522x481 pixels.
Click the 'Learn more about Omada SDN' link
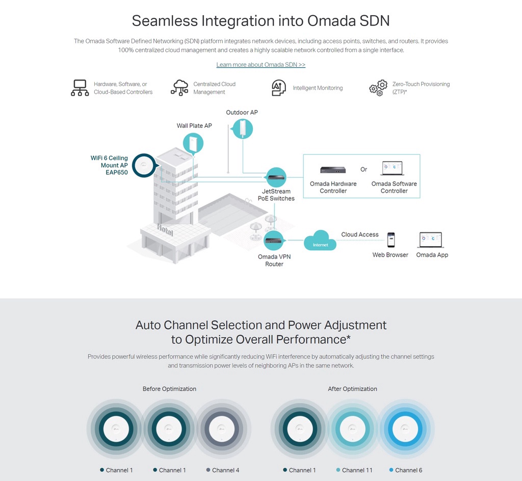[x=260, y=65]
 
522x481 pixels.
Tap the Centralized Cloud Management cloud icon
[x=179, y=88]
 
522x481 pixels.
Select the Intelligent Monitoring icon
[x=279, y=88]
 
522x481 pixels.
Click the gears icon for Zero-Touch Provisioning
[x=378, y=88]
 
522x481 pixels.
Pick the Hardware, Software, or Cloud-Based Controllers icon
[x=80, y=88]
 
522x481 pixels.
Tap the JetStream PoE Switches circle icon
[x=276, y=177]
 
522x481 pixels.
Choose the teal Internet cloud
[x=321, y=241]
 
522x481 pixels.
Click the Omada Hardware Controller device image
[x=333, y=170]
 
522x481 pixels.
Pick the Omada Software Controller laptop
[x=392, y=169]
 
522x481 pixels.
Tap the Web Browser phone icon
[x=390, y=239]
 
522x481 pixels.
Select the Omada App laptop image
[x=431, y=239]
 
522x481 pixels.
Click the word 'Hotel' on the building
[x=165, y=230]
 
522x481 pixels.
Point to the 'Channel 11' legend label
[x=357, y=470]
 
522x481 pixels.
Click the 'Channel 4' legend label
[x=225, y=470]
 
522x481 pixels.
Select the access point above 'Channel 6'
[x=405, y=428]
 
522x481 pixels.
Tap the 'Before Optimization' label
[x=169, y=389]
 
